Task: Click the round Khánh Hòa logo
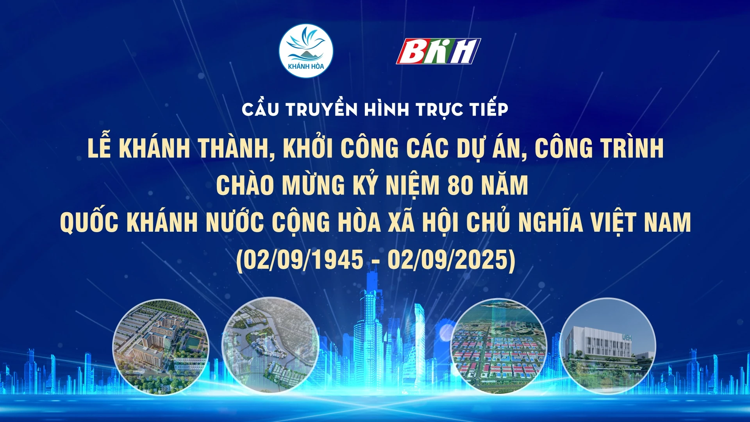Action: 306,51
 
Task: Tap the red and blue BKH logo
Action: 438,51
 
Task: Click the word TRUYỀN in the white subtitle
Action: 321,109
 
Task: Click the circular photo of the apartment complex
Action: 161,347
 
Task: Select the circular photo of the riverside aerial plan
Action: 270,345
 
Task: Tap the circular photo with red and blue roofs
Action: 498,346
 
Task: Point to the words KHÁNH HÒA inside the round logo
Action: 306,66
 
